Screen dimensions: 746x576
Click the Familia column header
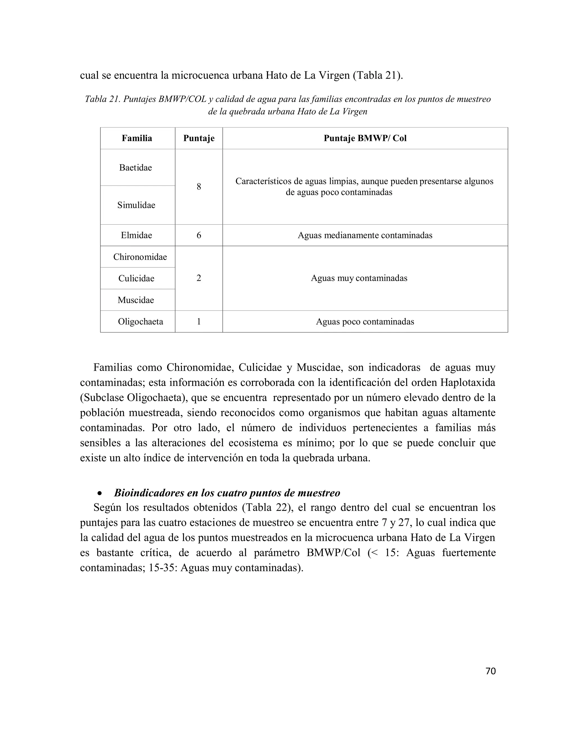[137, 138]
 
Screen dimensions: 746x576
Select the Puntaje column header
[199, 138]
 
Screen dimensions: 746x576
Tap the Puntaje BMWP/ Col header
[365, 138]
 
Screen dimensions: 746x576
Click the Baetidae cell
[136, 168]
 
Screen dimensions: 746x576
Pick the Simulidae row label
[136, 205]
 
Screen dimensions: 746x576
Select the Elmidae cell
[136, 235]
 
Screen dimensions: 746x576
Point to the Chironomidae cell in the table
[140, 257]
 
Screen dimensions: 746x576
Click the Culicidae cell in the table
[136, 278]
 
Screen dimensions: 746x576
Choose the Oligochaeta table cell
[140, 322]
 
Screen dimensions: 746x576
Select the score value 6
[199, 235]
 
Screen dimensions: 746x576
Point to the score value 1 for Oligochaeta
[199, 322]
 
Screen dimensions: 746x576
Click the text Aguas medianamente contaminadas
[365, 235]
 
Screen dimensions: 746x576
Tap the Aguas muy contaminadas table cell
[359, 278]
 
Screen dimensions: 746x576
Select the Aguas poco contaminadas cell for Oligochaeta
[365, 322]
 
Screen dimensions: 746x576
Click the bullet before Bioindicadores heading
[100, 493]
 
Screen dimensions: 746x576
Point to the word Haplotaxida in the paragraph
[467, 383]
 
